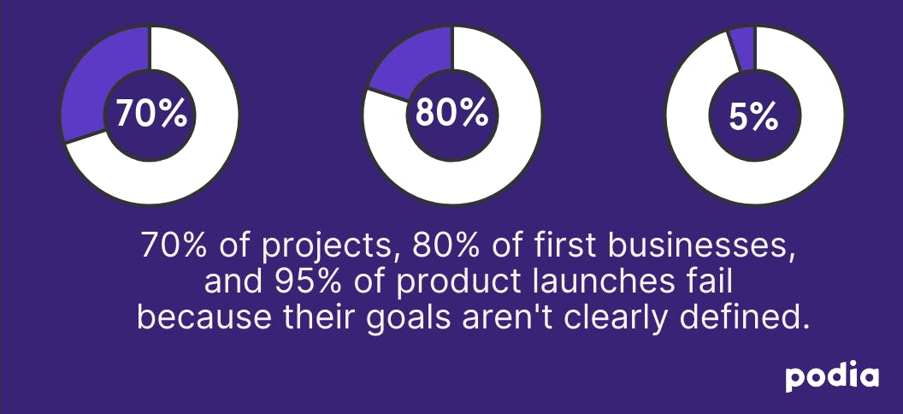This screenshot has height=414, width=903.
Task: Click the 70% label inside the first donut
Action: [x=150, y=114]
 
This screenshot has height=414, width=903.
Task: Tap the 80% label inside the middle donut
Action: [x=452, y=113]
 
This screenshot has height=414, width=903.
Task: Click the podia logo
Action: [x=832, y=378]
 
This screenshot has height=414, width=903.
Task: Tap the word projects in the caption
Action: [x=322, y=245]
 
